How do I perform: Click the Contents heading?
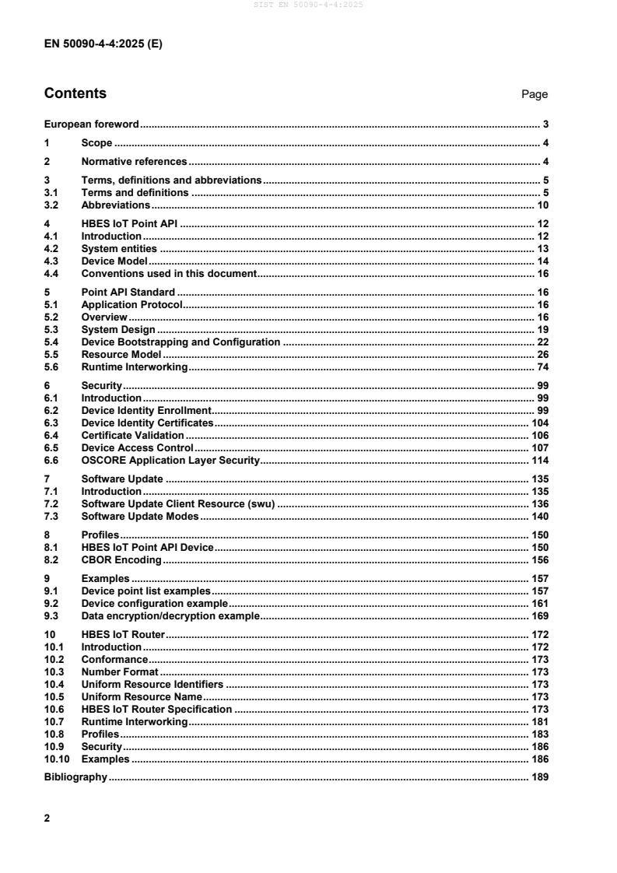tap(75, 94)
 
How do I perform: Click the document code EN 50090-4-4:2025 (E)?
tap(103, 44)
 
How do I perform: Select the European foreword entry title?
tap(91, 124)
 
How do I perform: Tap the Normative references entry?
tap(134, 162)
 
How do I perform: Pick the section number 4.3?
tap(52, 261)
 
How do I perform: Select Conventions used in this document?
tap(169, 274)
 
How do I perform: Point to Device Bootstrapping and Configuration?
tap(181, 342)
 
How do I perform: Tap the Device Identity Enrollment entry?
tap(146, 410)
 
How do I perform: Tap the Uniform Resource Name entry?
tap(142, 696)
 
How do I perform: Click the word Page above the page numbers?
tap(535, 95)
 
